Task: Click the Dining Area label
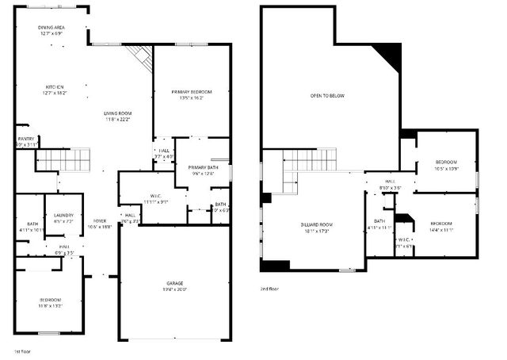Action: (51, 28)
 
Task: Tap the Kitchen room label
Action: (54, 86)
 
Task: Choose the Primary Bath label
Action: (203, 167)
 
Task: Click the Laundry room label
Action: (63, 215)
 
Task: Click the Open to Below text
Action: (327, 95)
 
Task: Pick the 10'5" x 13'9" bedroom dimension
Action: (447, 169)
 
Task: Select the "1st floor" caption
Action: (21, 350)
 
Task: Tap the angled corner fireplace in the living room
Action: (140, 56)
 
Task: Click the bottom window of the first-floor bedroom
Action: (50, 333)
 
